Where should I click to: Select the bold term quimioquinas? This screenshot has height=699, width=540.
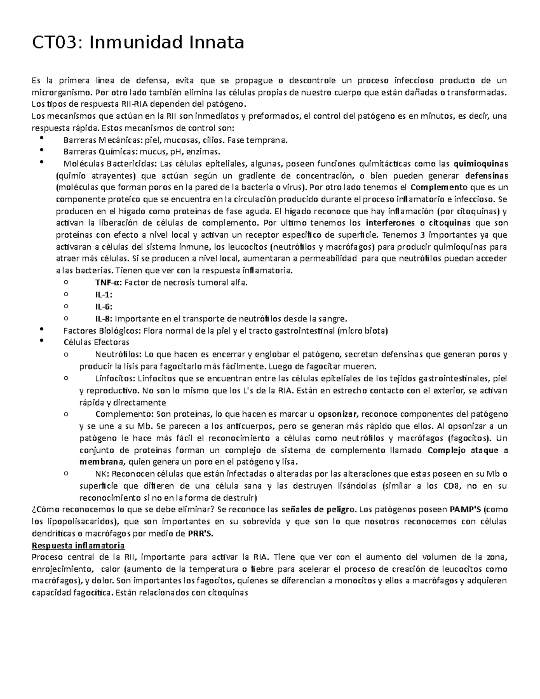pos(480,163)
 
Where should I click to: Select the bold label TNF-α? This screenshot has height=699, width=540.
pos(108,283)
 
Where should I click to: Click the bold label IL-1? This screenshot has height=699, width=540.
pos(103,295)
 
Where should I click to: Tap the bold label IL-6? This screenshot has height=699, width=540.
pos(103,307)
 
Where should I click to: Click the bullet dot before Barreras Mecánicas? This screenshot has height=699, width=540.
pos(42,138)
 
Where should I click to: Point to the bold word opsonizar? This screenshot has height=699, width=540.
pos(337,414)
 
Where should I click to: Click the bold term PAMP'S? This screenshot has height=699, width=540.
pos(465,510)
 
